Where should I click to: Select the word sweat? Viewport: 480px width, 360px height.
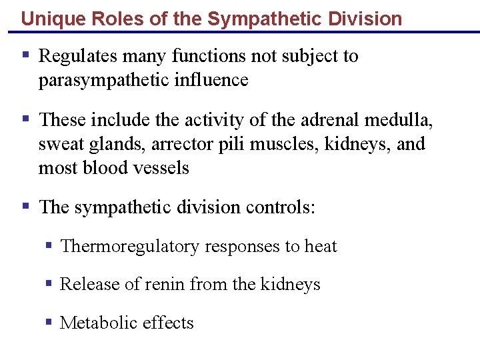[59, 144]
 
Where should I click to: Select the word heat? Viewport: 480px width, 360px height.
[321, 247]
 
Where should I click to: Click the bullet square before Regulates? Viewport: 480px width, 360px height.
[25, 55]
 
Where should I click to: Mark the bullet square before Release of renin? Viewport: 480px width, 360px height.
[49, 284]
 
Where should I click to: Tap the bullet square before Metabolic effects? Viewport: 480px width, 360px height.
[49, 322]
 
